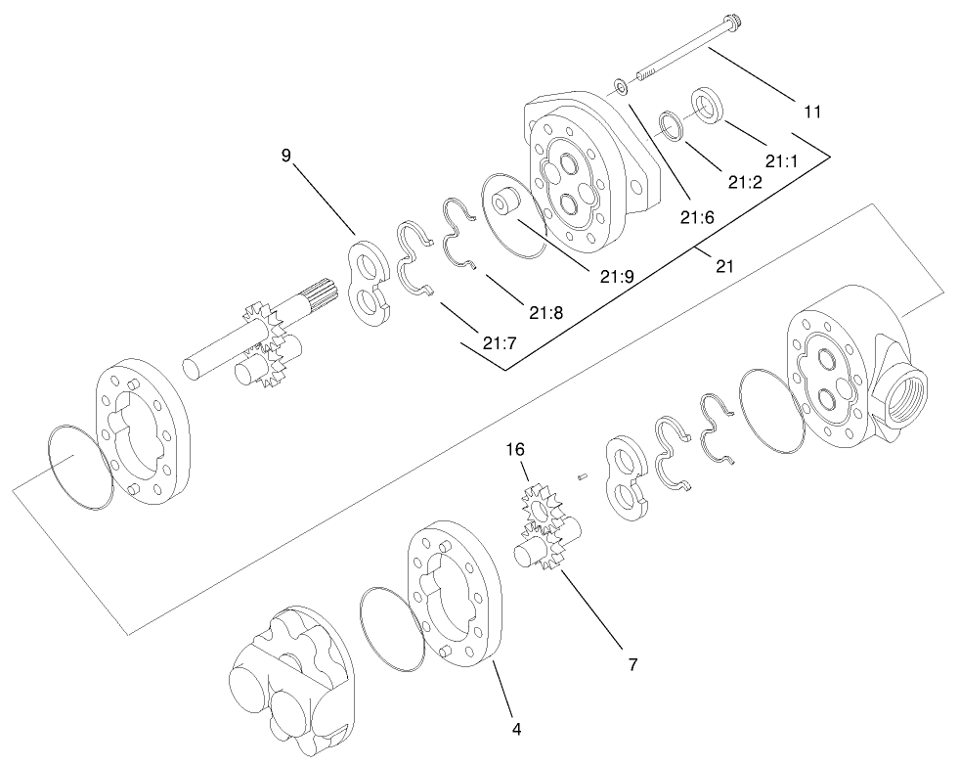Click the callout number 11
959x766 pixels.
[810, 112]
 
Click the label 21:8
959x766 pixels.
[545, 313]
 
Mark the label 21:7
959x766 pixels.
[500, 341]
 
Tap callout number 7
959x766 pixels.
[632, 664]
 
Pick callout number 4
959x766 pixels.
[516, 729]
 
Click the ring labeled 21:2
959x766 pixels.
[670, 124]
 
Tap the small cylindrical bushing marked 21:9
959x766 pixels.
[507, 206]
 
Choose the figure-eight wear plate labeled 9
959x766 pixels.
[370, 279]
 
